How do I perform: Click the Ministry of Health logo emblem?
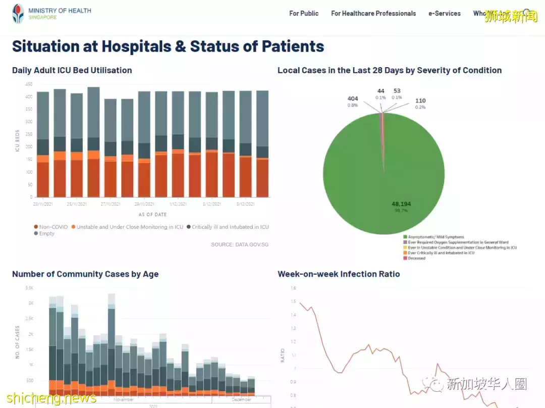click(x=18, y=14)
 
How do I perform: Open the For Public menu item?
click(x=304, y=14)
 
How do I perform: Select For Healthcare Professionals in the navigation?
click(x=373, y=14)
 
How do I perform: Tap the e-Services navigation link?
click(x=445, y=14)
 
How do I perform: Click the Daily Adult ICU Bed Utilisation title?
click(x=72, y=70)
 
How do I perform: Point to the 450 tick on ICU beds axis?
click(x=29, y=84)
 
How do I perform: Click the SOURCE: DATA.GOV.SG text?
click(x=240, y=245)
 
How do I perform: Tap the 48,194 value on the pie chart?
click(x=402, y=204)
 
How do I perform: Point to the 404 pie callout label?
click(x=353, y=99)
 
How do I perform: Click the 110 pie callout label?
click(x=420, y=101)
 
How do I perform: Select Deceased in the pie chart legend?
click(x=417, y=258)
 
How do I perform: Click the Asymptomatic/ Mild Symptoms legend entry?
click(x=435, y=237)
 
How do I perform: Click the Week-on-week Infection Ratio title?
click(x=339, y=274)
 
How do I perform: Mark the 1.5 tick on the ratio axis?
click(x=293, y=301)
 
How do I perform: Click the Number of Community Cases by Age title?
click(x=85, y=274)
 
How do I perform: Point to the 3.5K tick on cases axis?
click(x=29, y=288)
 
